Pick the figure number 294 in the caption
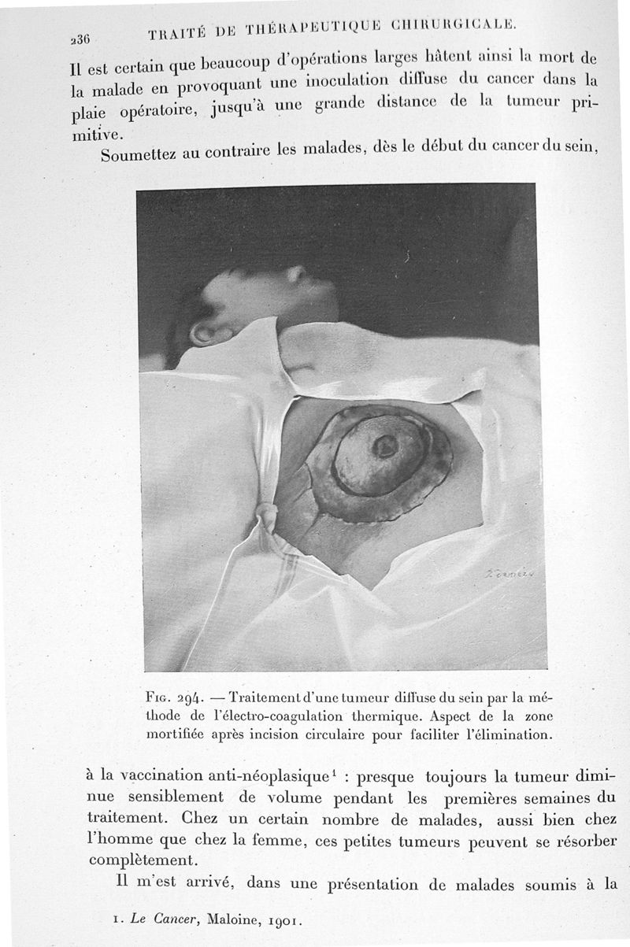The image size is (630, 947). [191, 698]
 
